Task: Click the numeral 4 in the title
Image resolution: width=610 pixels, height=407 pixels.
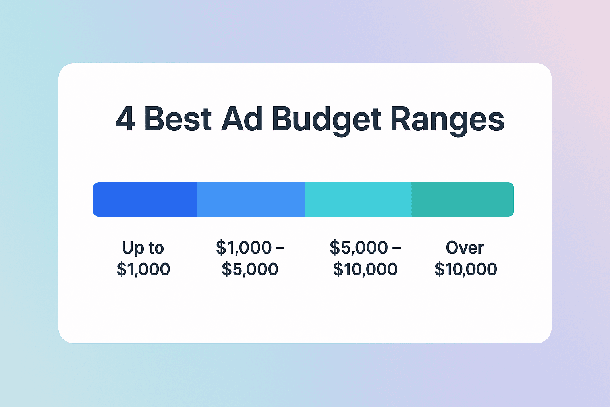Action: coord(125,119)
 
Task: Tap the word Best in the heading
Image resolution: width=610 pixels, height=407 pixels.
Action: coord(178,119)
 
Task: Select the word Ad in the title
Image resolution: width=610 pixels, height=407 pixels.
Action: coord(242,119)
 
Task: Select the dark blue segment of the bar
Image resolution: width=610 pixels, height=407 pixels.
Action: coord(145,200)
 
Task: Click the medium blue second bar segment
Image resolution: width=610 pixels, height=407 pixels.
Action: coord(251,200)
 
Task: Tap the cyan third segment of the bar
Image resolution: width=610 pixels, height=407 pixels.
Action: coord(358,200)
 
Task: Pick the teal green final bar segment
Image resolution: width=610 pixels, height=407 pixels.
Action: coord(463,200)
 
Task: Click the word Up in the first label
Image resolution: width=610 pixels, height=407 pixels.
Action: coord(133,248)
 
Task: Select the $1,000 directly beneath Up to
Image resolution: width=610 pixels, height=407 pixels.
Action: coord(143,269)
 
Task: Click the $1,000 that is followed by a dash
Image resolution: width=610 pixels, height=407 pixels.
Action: coord(243,248)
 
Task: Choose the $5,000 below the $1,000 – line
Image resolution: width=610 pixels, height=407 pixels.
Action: coord(250,269)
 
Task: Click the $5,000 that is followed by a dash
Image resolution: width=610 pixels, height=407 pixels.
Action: coord(359,248)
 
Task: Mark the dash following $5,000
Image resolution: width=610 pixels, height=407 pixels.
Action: coord(396,248)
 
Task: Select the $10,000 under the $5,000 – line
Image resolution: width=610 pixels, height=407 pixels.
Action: coord(365,269)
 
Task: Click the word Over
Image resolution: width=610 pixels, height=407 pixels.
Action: coord(465,248)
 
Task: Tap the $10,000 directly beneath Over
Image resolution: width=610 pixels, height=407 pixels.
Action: coord(465,269)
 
